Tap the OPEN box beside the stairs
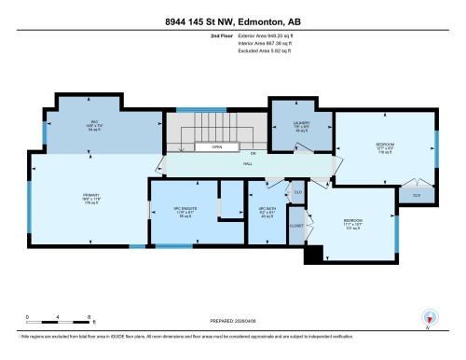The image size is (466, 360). point(215,146)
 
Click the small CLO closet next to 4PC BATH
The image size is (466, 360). point(298,191)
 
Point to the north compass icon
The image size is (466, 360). point(429,318)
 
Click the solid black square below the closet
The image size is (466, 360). point(313,252)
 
